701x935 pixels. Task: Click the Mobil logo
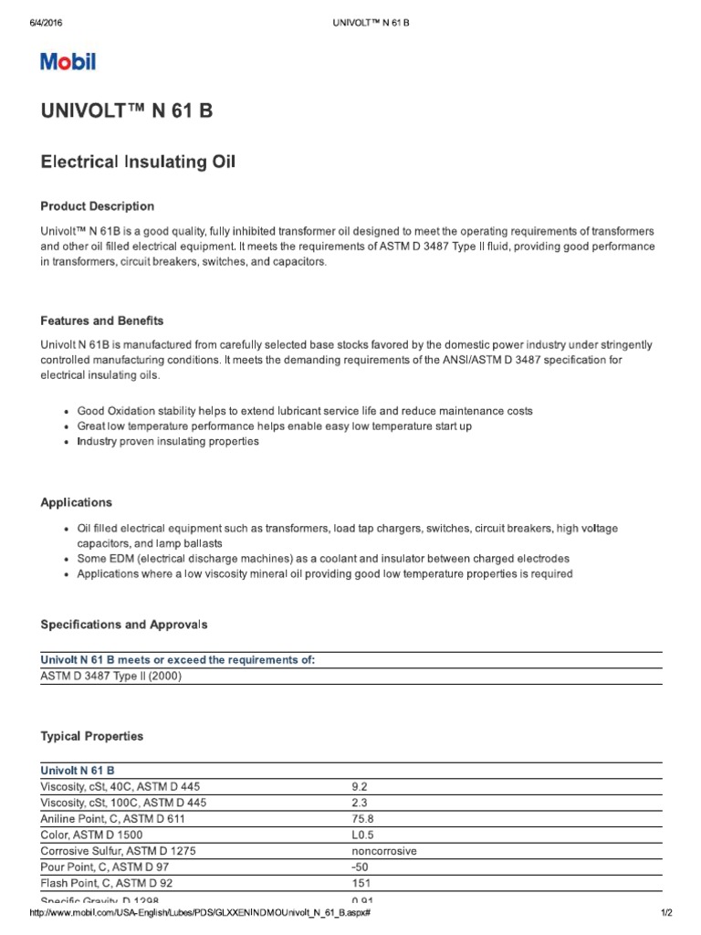click(x=68, y=62)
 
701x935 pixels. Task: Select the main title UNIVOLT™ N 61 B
click(x=127, y=112)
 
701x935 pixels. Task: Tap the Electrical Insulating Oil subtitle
click(x=139, y=162)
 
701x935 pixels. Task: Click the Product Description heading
click(x=98, y=206)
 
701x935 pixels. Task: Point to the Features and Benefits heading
click(x=102, y=320)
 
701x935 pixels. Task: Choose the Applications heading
click(x=77, y=502)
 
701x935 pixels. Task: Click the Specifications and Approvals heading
click(x=124, y=625)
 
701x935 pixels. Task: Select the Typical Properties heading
click(x=92, y=736)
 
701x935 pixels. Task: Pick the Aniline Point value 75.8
click(x=361, y=818)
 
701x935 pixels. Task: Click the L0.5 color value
click(x=361, y=835)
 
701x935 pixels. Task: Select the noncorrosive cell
click(x=383, y=851)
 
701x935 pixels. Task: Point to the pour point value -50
click(x=360, y=867)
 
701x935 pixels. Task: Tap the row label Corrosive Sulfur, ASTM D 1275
click(x=119, y=851)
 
